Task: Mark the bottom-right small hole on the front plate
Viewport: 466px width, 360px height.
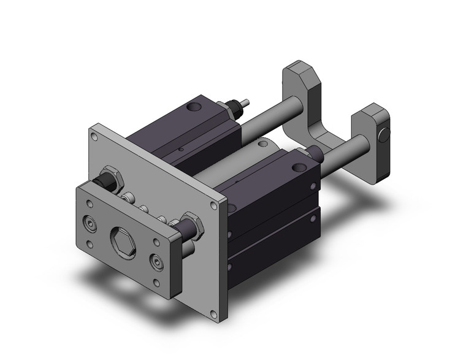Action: [x=158, y=284]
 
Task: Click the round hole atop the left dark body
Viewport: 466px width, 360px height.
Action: [x=196, y=109]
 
